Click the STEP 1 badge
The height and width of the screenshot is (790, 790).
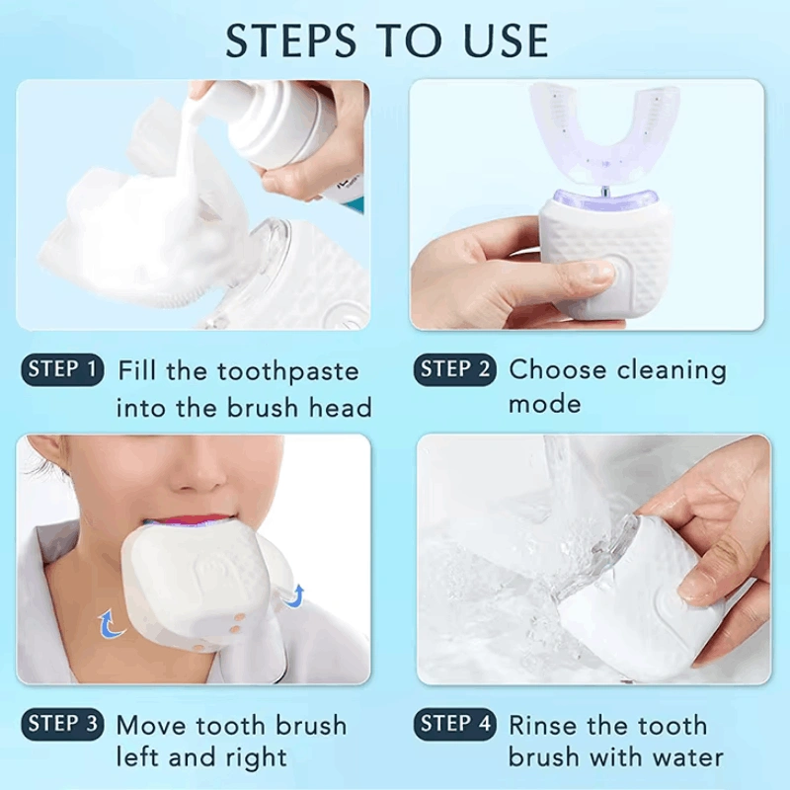(62, 369)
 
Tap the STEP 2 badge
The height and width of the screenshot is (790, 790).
(455, 369)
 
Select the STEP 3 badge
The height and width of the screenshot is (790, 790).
(62, 724)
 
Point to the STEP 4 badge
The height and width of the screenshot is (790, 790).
(455, 724)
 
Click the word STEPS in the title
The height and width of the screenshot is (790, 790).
(291, 39)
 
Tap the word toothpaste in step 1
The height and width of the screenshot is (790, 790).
(287, 372)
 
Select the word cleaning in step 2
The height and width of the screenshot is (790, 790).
(671, 372)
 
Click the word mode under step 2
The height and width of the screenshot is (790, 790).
(545, 404)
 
